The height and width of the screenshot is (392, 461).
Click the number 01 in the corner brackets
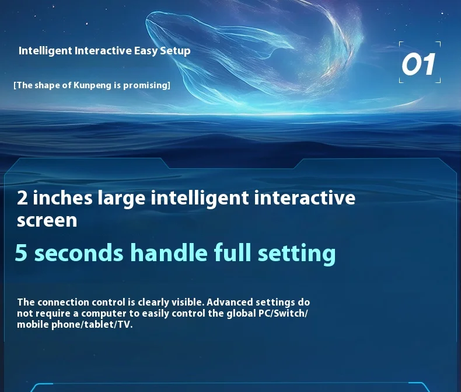(418, 64)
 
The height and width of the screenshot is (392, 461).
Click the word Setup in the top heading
(175, 51)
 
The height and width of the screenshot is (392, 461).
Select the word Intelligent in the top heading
(46, 51)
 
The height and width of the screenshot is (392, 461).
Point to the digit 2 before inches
(23, 198)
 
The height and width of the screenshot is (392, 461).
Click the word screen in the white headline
(47, 220)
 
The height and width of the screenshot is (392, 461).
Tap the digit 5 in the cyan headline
(21, 252)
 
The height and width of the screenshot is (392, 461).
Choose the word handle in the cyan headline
(169, 252)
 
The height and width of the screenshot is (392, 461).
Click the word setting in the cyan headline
(296, 254)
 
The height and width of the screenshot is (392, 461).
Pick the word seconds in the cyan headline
(79, 252)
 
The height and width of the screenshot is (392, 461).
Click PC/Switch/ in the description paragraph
(283, 313)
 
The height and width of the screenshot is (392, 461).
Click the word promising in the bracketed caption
(145, 85)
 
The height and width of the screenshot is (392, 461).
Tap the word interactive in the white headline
(305, 197)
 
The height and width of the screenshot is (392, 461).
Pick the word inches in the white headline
(62, 197)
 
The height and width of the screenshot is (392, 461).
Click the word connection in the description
(63, 302)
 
